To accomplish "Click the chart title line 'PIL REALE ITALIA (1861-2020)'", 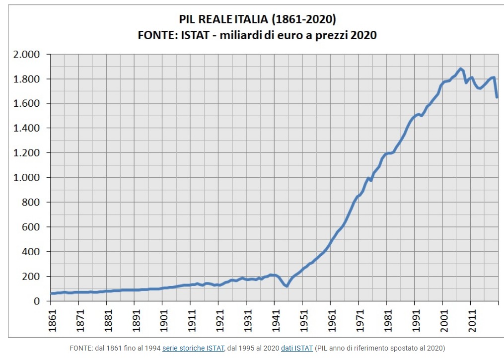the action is coord(257,19).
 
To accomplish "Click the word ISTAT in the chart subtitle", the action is coord(195,35).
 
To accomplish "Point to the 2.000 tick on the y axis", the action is coord(26,54).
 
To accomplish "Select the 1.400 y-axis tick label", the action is coord(26,128).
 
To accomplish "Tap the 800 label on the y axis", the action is coord(31,202).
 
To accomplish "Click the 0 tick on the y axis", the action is coord(37,301).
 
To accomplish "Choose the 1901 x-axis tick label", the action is coord(164,320).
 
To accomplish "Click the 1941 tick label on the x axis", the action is coord(276,320).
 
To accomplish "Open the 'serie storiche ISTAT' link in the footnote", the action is coord(193,348).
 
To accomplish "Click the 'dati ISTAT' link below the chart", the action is coord(296,348).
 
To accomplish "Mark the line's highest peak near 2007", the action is coord(461,69).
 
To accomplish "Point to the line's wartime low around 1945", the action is coord(287,286).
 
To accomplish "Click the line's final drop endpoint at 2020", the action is coord(497,97).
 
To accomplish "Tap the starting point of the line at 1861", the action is coord(51,293).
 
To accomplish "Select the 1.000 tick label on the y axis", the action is coord(26,177).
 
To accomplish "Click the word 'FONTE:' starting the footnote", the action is coord(81,348).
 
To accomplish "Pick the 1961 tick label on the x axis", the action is coord(332,320).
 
